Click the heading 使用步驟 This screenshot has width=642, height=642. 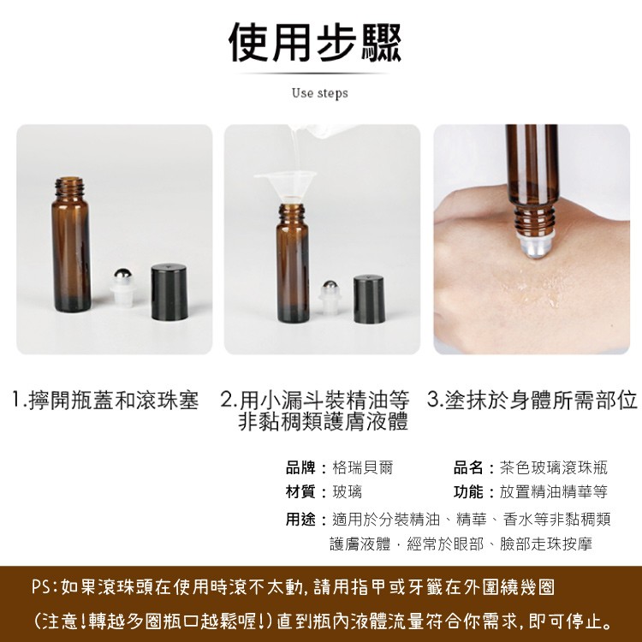click(315, 42)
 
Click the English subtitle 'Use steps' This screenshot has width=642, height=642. click(320, 93)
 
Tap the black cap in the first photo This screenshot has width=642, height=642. click(169, 292)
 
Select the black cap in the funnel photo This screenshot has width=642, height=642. click(369, 300)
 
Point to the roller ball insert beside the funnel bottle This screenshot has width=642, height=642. click(330, 297)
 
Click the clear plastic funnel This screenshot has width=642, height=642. click(286, 187)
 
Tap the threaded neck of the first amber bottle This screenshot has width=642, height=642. click(69, 187)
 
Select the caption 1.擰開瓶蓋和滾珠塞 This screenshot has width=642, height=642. click(105, 400)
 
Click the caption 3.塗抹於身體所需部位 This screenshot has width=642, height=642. click(532, 399)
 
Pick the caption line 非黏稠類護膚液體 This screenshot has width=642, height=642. click(323, 421)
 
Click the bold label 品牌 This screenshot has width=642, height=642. click(300, 467)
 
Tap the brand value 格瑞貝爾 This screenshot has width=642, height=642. click(362, 467)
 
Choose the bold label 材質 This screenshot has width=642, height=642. click(300, 491)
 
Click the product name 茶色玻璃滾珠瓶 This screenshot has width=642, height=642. click(553, 467)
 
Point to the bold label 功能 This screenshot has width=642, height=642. click(468, 491)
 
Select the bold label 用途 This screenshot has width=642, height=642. click(300, 520)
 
